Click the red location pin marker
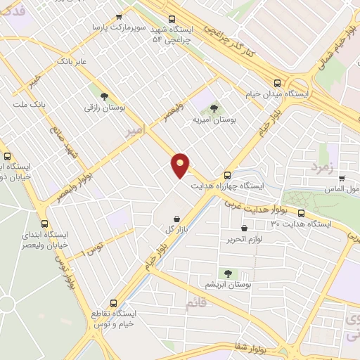(x=181, y=165)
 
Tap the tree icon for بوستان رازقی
(x=104, y=96)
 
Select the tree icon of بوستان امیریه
(x=214, y=108)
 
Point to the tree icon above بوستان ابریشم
(x=227, y=272)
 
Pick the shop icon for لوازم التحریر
(x=244, y=228)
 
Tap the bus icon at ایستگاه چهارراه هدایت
(x=226, y=175)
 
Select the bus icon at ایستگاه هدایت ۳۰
(x=301, y=213)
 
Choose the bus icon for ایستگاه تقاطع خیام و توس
(x=113, y=303)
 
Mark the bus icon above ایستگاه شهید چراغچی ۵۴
(x=172, y=20)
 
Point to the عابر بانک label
(x=72, y=61)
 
